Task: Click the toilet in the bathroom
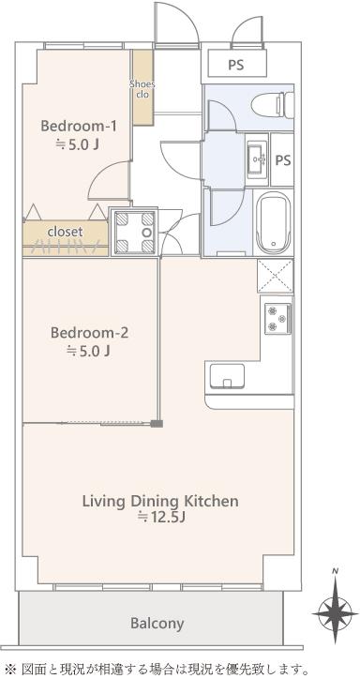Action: pos(273,104)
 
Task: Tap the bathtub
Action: pos(273,224)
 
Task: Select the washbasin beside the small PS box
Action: pos(257,158)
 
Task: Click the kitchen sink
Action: pos(227,376)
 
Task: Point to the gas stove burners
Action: pos(277,318)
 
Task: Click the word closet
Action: pos(66,232)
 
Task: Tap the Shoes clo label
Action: pos(142,88)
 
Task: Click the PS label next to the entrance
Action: pos(236,65)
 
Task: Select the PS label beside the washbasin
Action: pos(283,159)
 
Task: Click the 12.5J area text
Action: pos(161,517)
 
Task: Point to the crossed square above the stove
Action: pos(276,276)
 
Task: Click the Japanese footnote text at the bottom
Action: pos(157,669)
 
